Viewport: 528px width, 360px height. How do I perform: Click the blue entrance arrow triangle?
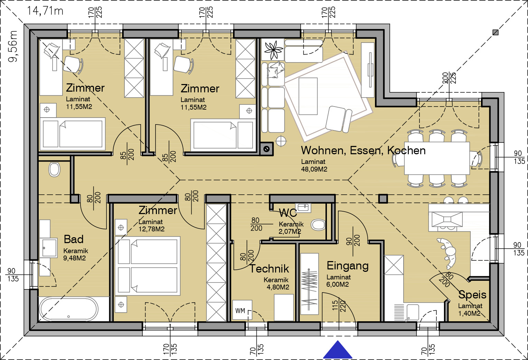pyautogui.click(x=338, y=350)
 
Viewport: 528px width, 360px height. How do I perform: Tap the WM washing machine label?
pyautogui.click(x=240, y=311)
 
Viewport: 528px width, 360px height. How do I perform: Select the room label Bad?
pyautogui.click(x=74, y=239)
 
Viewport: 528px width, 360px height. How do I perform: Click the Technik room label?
pyautogui.click(x=269, y=268)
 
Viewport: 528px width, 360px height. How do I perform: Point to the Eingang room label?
pyautogui.click(x=348, y=266)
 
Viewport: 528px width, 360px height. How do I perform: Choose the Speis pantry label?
pyautogui.click(x=472, y=295)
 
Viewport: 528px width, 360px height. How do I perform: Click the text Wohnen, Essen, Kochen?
pyautogui.click(x=363, y=150)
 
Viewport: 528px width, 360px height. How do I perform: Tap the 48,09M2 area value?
pyautogui.click(x=314, y=169)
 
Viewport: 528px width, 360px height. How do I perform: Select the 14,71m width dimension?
pyautogui.click(x=45, y=11)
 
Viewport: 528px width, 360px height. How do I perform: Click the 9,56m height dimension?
pyautogui.click(x=13, y=46)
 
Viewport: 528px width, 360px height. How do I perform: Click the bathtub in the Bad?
pyautogui.click(x=68, y=309)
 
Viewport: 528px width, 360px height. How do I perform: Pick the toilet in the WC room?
pyautogui.click(x=318, y=225)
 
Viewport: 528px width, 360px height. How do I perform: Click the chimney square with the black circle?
pyautogui.click(x=267, y=149)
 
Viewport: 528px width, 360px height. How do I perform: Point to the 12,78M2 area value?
pyautogui.click(x=151, y=229)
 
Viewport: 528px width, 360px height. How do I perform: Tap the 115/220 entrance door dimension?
pyautogui.click(x=339, y=306)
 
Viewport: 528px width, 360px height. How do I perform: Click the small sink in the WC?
pyautogui.click(x=303, y=207)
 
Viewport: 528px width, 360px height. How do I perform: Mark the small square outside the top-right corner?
pyautogui.click(x=496, y=32)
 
